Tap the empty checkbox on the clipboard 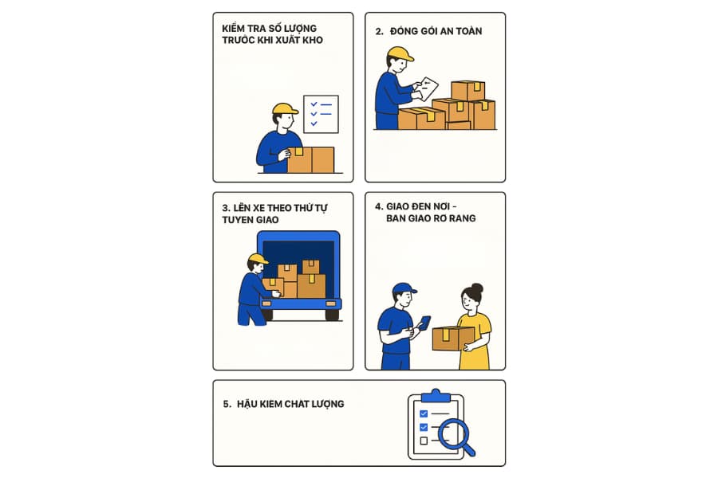(x=424, y=441)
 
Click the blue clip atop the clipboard (x=436, y=396)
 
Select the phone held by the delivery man (x=425, y=323)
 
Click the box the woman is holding (x=453, y=339)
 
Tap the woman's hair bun (x=477, y=288)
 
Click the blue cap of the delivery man (x=404, y=288)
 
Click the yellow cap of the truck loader (x=258, y=259)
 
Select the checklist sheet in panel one (x=321, y=115)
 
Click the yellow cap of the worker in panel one (x=284, y=108)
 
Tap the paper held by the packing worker (x=426, y=88)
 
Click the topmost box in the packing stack (x=468, y=91)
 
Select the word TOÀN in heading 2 (x=469, y=31)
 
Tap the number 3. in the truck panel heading (x=227, y=208)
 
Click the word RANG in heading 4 (x=463, y=218)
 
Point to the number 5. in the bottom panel (x=227, y=405)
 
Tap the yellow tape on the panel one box (x=299, y=151)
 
